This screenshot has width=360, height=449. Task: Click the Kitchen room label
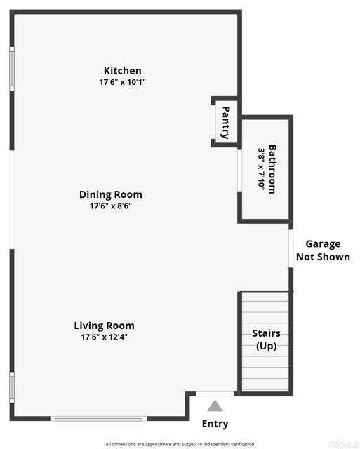coord(122,71)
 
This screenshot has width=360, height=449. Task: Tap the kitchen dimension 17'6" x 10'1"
coord(122,82)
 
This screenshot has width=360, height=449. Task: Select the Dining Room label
coord(110,194)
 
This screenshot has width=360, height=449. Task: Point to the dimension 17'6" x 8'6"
coord(110,206)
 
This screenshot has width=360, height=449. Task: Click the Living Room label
coord(104,326)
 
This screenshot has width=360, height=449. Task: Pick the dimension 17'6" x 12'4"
coord(104,337)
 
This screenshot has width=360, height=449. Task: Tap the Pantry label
coord(226,122)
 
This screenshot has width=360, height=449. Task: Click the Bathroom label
coord(272,168)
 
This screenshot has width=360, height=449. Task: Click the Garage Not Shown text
coord(322,250)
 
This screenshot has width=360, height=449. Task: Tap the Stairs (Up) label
coord(266,340)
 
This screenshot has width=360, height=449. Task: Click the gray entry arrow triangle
coord(215,406)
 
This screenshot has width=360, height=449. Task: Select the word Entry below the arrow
coord(215,424)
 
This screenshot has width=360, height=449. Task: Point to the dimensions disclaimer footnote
coord(180,444)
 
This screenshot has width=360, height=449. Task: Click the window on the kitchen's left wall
coord(11,69)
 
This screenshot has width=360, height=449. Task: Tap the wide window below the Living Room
coord(98,419)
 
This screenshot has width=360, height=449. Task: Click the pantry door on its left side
coord(214,123)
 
